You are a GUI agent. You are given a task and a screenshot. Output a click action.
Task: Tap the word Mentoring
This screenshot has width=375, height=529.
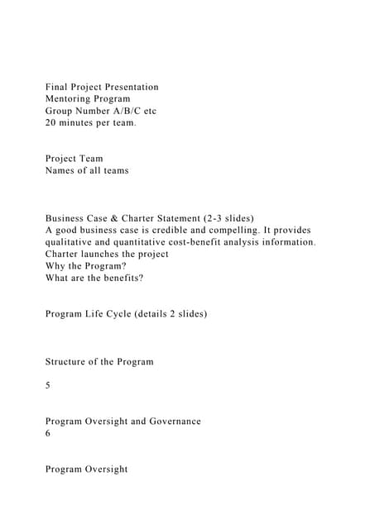[x=73, y=98]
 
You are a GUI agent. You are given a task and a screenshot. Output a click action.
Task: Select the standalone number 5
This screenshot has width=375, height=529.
[x=48, y=384]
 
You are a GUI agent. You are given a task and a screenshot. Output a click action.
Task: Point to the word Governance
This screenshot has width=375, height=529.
[x=171, y=421]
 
